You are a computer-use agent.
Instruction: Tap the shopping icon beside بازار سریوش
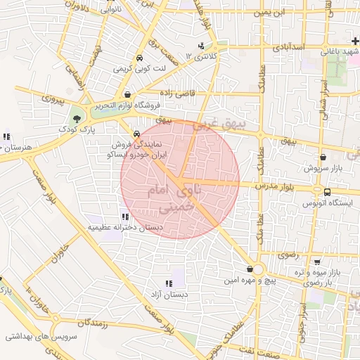click(x=323, y=157)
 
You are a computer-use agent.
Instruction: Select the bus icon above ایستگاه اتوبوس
click(x=327, y=192)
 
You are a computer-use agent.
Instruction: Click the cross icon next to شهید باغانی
click(x=354, y=42)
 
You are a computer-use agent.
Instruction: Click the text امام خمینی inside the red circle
click(x=164, y=199)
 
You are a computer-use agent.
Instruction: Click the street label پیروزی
click(x=51, y=101)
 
